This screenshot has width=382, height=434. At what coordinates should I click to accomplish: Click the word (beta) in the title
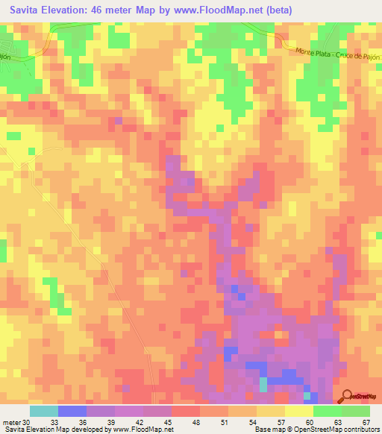coord(275,10)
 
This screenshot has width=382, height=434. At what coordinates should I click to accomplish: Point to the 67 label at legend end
coord(366,422)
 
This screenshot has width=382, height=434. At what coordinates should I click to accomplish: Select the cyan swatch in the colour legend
coord(43,411)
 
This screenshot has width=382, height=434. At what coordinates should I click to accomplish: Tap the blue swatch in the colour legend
coord(72,411)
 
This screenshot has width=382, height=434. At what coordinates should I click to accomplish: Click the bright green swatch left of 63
coord(328,411)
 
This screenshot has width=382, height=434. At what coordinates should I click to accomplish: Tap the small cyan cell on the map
coord(263,384)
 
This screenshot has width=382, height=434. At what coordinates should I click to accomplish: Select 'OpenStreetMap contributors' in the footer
coord(336,430)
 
